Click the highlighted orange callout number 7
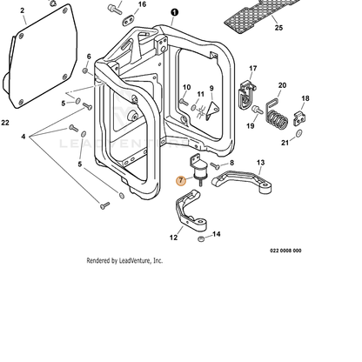click(x=181, y=181)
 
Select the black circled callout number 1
click(x=175, y=12)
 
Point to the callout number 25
click(x=278, y=28)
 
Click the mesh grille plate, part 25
click(x=258, y=15)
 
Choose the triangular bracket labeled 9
click(x=212, y=111)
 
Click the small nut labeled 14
click(x=201, y=239)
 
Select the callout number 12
click(x=173, y=238)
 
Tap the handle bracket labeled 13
click(x=242, y=181)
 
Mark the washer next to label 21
click(x=298, y=133)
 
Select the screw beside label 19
click(x=258, y=110)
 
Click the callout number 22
click(x=5, y=123)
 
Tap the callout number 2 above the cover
click(x=23, y=10)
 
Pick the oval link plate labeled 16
click(x=128, y=20)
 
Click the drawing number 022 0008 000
click(x=285, y=251)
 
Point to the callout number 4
click(x=23, y=137)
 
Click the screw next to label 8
click(x=215, y=165)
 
